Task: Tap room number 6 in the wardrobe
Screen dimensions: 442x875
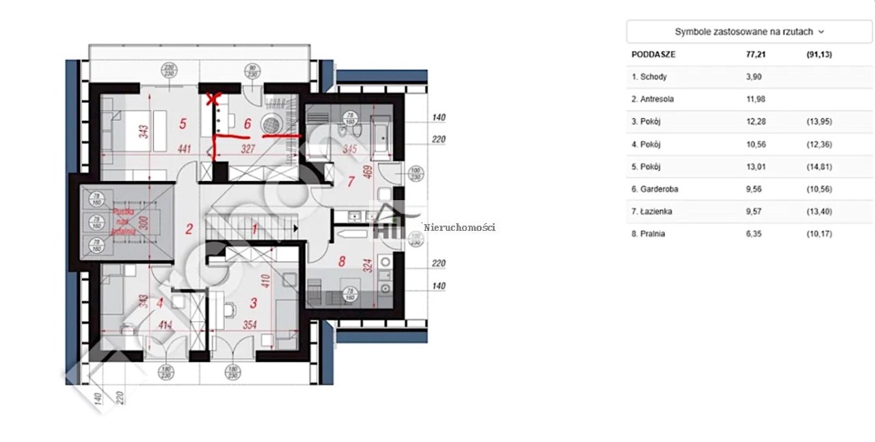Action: tap(247, 124)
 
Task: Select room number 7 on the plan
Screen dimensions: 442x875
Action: tap(351, 182)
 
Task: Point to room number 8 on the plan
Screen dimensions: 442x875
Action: tap(341, 260)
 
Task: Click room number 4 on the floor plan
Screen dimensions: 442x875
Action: tap(160, 302)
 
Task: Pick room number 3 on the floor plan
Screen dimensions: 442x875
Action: tap(254, 302)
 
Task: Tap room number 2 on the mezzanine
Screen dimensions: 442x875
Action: tap(189, 230)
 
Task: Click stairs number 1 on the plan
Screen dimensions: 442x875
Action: tap(254, 230)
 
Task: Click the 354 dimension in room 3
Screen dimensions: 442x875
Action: tap(249, 325)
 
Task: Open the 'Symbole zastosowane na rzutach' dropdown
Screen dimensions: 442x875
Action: tap(749, 31)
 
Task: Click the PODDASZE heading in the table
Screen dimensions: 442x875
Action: tap(654, 55)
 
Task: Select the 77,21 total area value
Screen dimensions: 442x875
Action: tap(755, 55)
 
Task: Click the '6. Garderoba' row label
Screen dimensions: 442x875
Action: tap(656, 189)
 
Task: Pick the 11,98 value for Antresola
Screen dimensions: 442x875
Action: tap(755, 99)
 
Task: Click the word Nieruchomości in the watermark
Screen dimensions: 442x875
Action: tap(459, 227)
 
